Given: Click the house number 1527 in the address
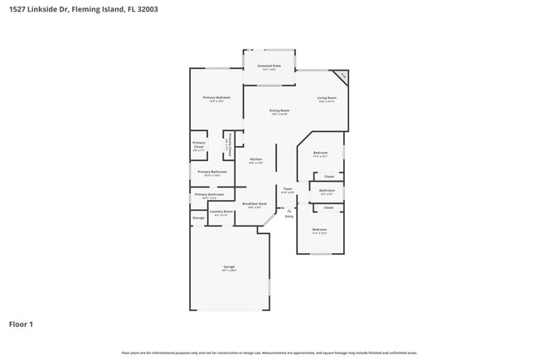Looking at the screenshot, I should [17, 10].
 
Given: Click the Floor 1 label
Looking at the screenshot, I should [21, 324].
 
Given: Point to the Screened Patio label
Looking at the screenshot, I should [269, 66].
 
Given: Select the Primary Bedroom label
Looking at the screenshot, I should [216, 98].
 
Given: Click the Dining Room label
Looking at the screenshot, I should [279, 111].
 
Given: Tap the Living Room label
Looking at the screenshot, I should [327, 98].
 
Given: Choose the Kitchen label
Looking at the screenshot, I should [256, 159].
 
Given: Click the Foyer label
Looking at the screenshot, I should [288, 189].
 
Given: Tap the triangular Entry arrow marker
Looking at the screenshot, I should [289, 211].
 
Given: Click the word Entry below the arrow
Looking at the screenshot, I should [289, 216].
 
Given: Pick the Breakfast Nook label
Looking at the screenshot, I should [255, 203].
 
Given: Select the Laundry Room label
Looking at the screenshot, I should [221, 212].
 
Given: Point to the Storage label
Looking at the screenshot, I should [198, 218].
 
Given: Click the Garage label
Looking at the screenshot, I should [229, 267].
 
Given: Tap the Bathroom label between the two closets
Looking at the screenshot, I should [328, 190].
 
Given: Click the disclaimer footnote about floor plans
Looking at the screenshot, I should [269, 353].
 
